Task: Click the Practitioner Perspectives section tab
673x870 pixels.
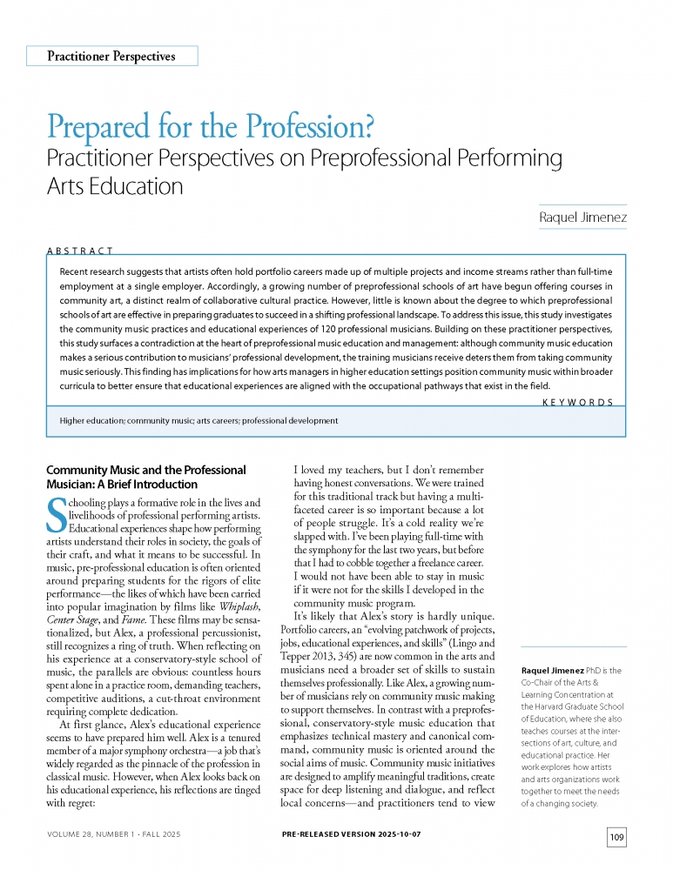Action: (x=111, y=57)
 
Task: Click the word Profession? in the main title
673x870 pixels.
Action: (x=311, y=128)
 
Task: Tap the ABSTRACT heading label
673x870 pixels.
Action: (x=79, y=251)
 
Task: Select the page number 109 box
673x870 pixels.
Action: (x=616, y=837)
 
